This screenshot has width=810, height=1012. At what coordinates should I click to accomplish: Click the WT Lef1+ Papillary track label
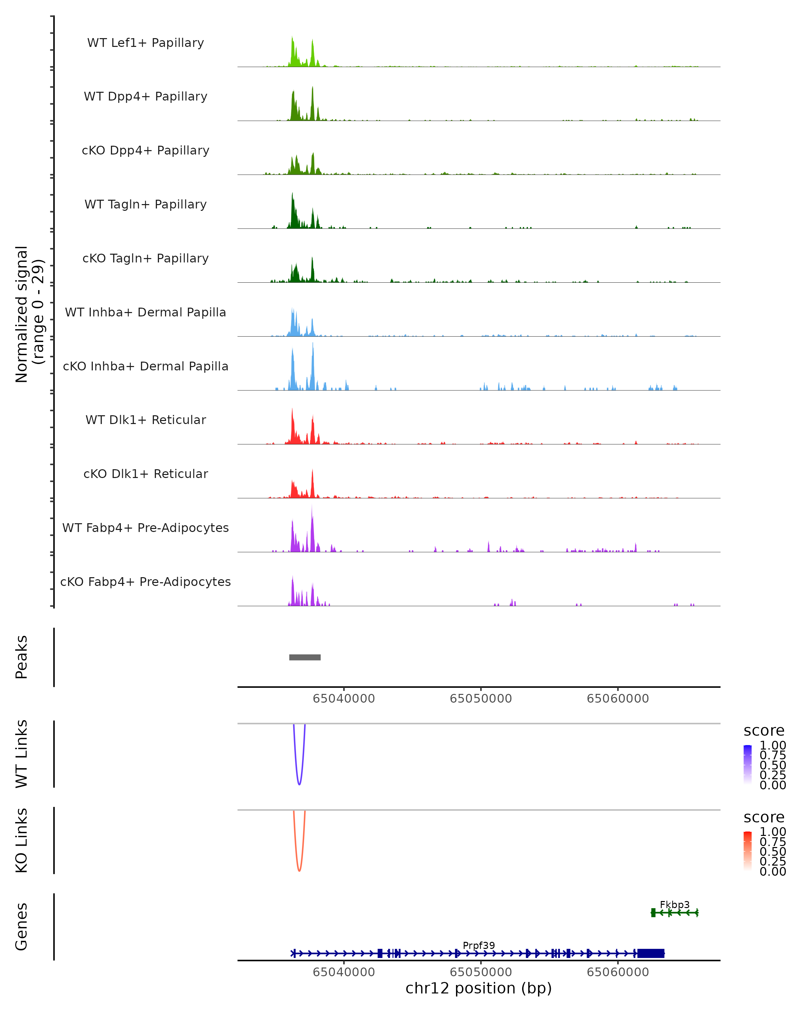tap(145, 43)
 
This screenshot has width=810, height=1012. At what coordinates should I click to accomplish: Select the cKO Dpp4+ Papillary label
tap(145, 151)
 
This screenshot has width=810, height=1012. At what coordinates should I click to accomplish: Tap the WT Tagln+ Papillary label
tap(145, 205)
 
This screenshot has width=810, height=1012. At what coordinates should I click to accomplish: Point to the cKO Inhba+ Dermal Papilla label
tap(145, 367)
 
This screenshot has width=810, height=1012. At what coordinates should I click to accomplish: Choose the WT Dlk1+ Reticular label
tap(145, 420)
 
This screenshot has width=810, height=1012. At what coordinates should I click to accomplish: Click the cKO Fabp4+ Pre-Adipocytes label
tap(145, 582)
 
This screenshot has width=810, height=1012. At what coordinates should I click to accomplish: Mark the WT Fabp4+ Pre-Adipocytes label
tap(145, 528)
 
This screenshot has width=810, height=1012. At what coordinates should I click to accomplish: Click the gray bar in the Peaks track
tap(305, 657)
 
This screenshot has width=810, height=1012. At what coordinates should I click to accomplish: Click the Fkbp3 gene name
tap(674, 904)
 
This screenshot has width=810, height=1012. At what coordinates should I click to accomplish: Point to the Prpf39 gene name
tap(479, 945)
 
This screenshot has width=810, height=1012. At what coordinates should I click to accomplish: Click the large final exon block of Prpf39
tap(650, 953)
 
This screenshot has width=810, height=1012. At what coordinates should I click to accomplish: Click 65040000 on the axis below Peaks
tap(344, 699)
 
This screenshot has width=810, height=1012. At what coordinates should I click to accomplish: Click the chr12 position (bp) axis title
tap(479, 988)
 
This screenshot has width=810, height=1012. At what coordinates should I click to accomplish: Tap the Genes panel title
tap(22, 927)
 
